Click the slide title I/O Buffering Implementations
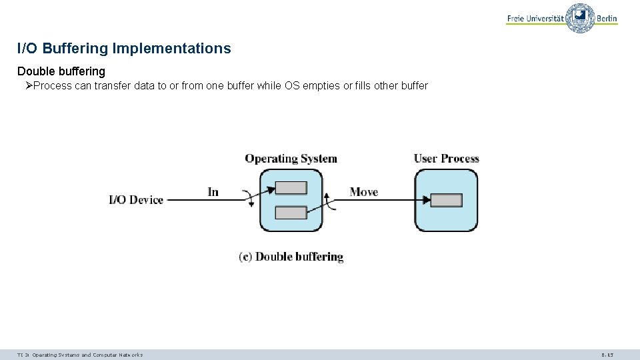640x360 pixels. (124, 49)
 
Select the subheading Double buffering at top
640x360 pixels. (61, 71)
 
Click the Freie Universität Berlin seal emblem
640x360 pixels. (580, 18)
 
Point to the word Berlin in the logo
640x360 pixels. (607, 19)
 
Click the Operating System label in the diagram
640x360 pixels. (291, 159)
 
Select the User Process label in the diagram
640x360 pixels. (446, 159)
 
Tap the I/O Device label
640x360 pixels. (136, 200)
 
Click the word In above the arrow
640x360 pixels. (213, 192)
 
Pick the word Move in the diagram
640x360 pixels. (363, 192)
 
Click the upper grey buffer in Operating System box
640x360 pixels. (291, 188)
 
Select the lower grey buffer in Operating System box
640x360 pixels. (291, 213)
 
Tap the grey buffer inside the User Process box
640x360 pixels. (446, 200)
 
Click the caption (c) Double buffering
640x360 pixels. (291, 257)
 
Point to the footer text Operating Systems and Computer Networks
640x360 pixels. (87, 355)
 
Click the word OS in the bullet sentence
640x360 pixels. (292, 85)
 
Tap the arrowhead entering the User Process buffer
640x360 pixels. (425, 199)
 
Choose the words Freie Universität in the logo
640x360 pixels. (535, 19)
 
